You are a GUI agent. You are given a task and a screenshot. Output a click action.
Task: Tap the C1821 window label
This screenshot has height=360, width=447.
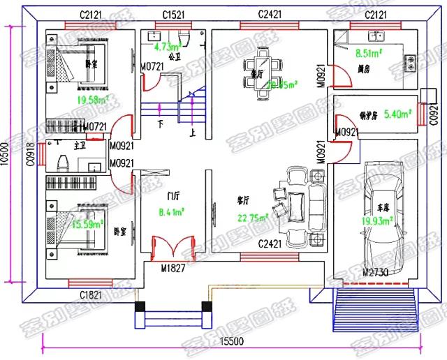pos(94,294)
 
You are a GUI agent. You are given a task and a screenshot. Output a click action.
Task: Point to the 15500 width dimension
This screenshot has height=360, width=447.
pos(230,340)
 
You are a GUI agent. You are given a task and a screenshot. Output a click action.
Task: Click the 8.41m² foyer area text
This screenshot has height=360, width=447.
pos(172,212)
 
